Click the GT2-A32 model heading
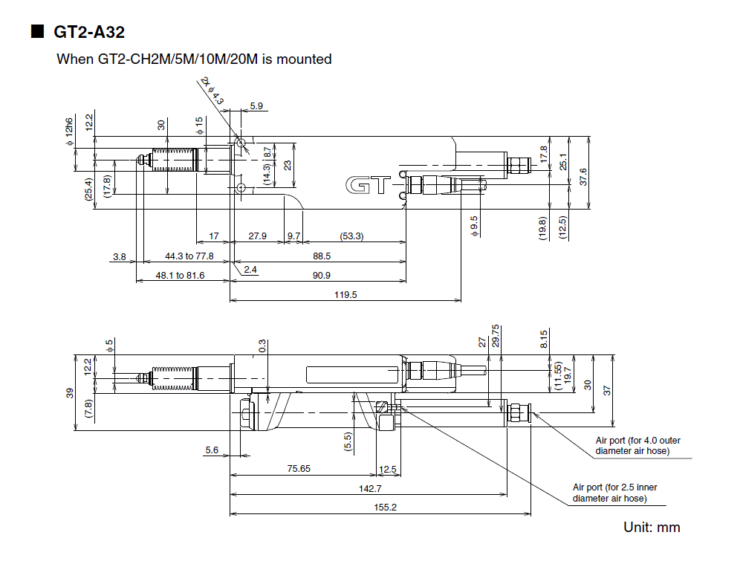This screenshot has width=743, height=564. (x=88, y=32)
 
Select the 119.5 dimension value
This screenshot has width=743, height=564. (x=345, y=294)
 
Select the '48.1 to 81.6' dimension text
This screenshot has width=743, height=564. (x=179, y=275)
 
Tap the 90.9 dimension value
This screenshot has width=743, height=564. (x=321, y=275)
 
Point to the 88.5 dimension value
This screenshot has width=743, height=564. (x=322, y=256)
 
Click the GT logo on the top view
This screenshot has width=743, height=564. (x=367, y=186)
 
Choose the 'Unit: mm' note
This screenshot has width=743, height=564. (x=652, y=528)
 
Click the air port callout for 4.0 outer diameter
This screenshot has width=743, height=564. (x=637, y=445)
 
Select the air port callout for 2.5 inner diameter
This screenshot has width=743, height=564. (x=614, y=493)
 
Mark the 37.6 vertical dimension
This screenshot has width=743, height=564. (x=583, y=176)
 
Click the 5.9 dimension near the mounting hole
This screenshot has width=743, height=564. (x=256, y=106)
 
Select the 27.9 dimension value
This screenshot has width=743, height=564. (x=257, y=236)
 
